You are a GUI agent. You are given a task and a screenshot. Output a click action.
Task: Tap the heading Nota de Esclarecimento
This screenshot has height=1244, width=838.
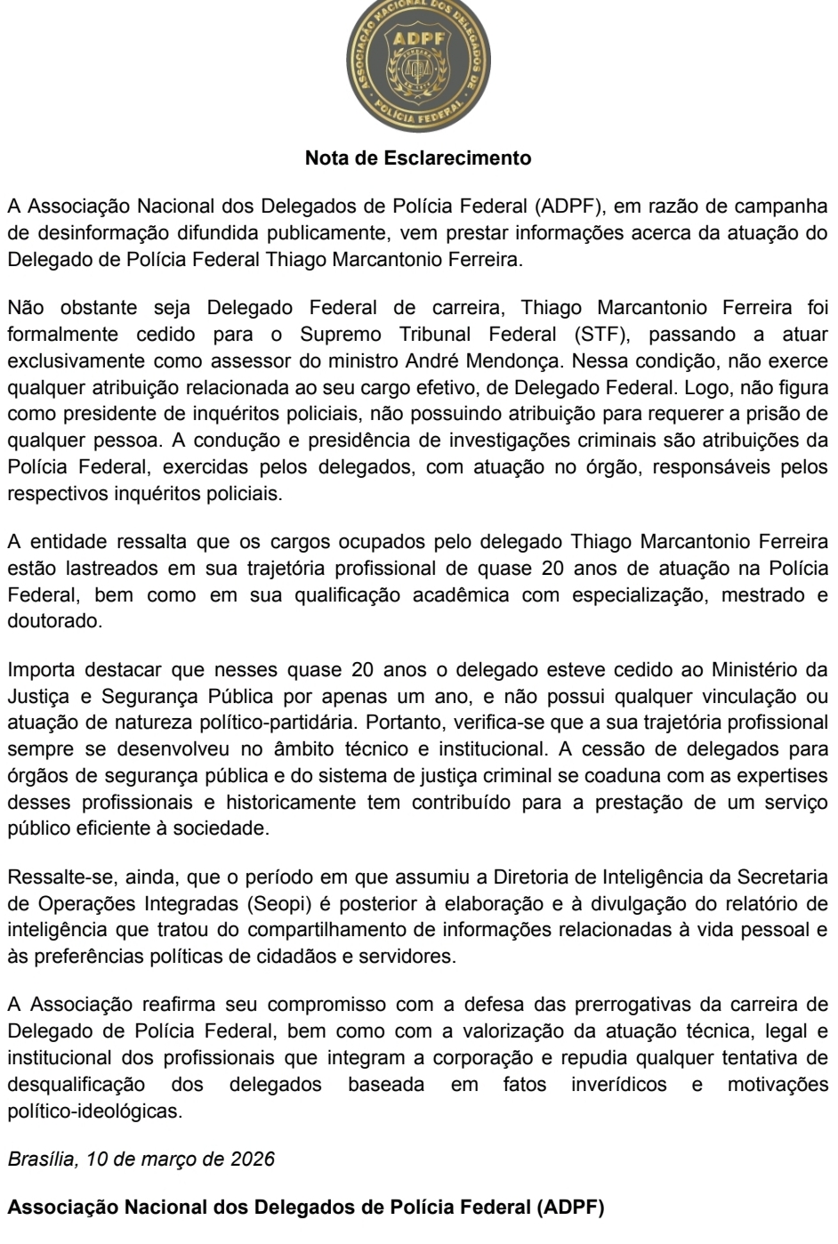[418, 159]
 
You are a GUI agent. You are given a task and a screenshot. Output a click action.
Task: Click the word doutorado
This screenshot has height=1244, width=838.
[54, 621]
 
